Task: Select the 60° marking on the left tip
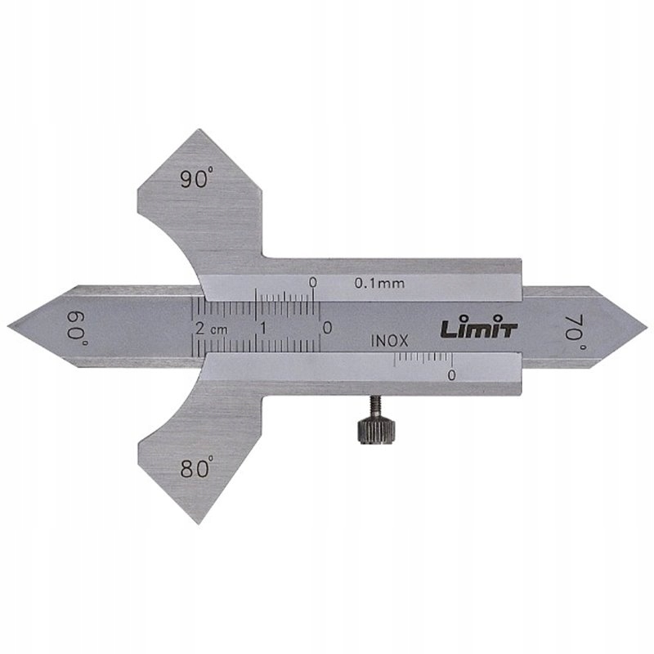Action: pyautogui.click(x=78, y=329)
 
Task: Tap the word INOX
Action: pyautogui.click(x=390, y=342)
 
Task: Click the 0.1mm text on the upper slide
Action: pyautogui.click(x=379, y=284)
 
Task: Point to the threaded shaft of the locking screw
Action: pyautogui.click(x=375, y=408)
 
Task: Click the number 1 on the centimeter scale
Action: pyautogui.click(x=263, y=329)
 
